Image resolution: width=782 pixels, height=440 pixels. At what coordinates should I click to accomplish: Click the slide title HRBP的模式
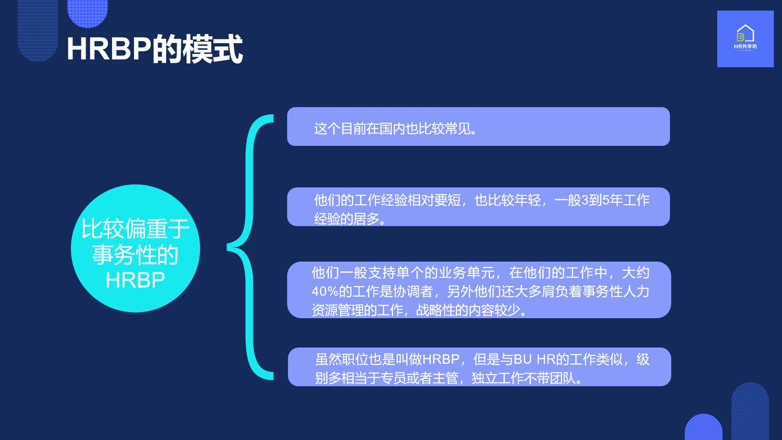tap(155, 49)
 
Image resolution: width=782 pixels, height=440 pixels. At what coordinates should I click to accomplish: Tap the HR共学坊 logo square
tap(745, 39)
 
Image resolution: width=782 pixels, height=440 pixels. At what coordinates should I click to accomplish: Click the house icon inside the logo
tap(745, 33)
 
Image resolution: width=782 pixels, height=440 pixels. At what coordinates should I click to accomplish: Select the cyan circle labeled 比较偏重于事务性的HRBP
tap(135, 249)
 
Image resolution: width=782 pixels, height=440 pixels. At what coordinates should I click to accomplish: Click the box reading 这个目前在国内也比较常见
tap(479, 126)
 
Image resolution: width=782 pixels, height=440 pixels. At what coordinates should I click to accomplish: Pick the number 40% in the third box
tap(325, 291)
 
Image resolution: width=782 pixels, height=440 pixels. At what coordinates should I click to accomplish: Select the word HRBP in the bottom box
tap(441, 359)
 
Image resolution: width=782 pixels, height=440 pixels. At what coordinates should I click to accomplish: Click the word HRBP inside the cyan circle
tap(135, 280)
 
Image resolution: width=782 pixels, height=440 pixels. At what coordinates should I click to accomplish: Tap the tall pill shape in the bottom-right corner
tap(750, 411)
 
